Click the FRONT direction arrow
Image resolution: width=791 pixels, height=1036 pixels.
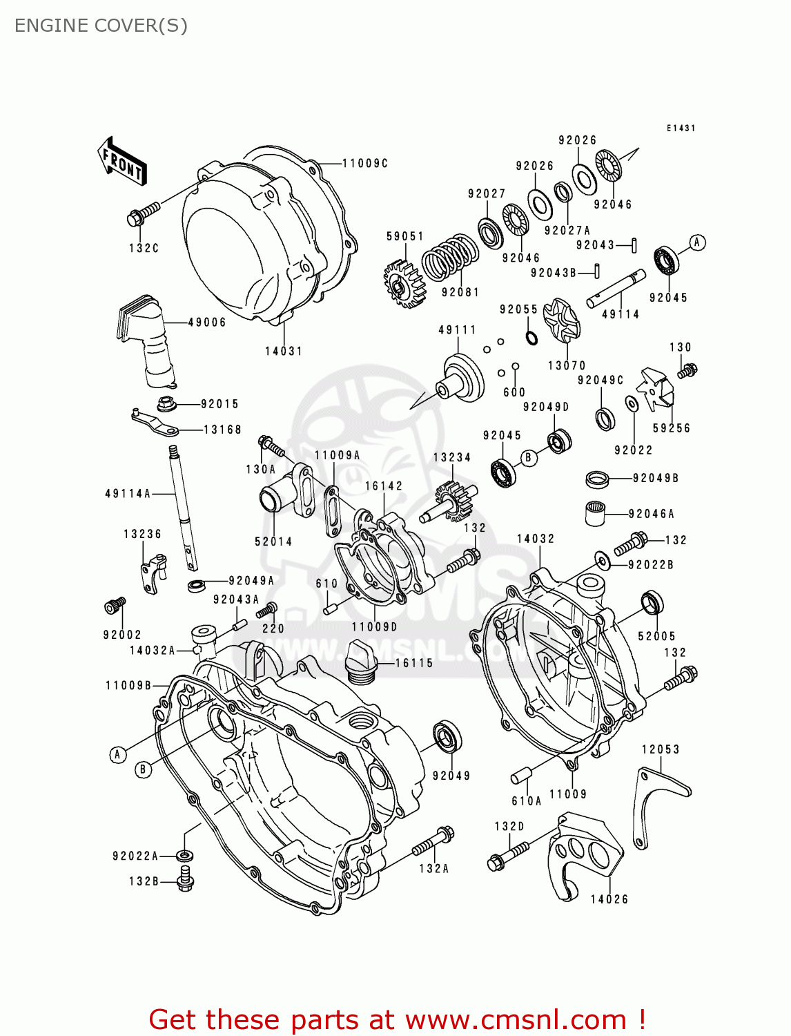[x=123, y=162]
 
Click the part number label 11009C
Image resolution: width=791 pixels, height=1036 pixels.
[x=365, y=163]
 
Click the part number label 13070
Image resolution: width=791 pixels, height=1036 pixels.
[x=566, y=365]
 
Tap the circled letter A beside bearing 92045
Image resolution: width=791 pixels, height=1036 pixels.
[x=697, y=242]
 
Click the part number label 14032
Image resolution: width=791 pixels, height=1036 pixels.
[x=536, y=539]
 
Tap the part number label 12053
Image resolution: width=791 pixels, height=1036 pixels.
[x=660, y=749]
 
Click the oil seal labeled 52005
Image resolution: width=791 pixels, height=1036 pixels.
[x=652, y=603]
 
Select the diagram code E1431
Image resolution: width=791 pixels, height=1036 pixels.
[x=681, y=128]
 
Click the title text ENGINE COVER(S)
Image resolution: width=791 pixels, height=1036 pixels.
[x=101, y=26]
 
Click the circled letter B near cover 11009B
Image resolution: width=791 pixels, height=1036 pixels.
[x=143, y=769]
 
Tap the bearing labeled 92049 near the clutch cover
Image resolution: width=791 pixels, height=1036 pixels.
[x=448, y=736]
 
